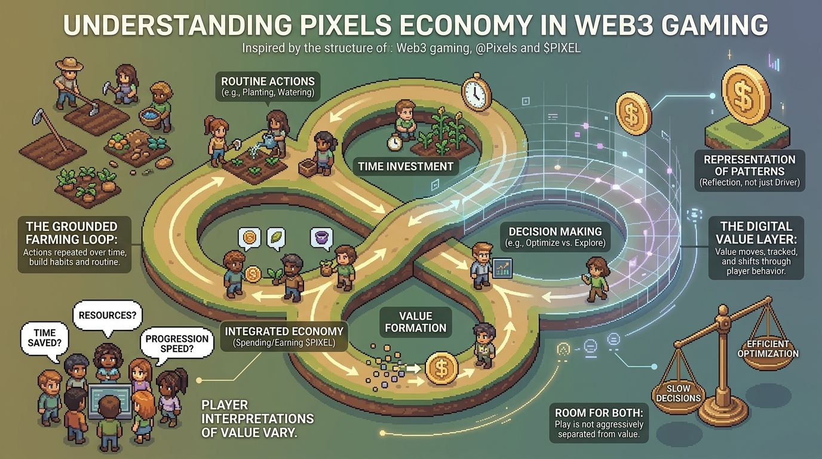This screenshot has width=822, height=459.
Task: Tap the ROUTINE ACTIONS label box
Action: coord(268,87)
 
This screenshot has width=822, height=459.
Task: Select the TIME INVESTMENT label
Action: coord(406,166)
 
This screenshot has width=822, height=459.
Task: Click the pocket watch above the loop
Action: coord(476,92)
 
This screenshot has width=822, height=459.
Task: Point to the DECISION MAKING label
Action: coord(555,237)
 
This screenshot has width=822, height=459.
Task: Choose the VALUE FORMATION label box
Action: coord(416,322)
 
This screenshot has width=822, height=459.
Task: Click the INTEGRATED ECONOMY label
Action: coord(284,336)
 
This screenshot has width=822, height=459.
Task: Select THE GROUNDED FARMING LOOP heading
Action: coord(72,232)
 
